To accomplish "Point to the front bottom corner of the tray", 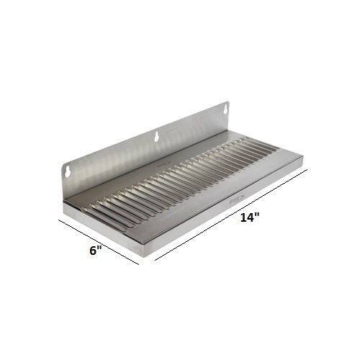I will [147, 253].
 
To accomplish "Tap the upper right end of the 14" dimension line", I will [308, 170].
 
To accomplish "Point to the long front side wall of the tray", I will [223, 212].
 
